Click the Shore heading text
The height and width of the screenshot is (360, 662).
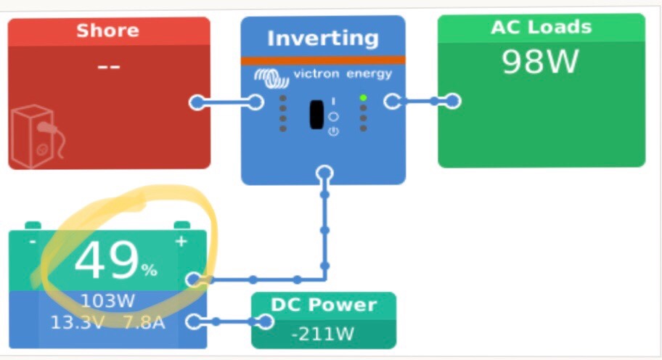pyautogui.click(x=107, y=30)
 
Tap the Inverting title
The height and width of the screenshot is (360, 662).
pyautogui.click(x=322, y=38)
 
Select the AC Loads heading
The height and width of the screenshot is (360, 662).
pyautogui.click(x=541, y=28)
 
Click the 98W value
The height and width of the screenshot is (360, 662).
pyautogui.click(x=541, y=62)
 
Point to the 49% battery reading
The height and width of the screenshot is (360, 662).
pyautogui.click(x=115, y=262)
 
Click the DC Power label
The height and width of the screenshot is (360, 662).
pyautogui.click(x=324, y=305)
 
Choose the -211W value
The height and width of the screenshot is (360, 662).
pyautogui.click(x=324, y=335)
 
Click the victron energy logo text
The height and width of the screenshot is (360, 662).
pyautogui.click(x=342, y=74)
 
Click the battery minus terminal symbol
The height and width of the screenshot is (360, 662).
pyautogui.click(x=32, y=241)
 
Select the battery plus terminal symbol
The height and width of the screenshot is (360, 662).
pyautogui.click(x=181, y=241)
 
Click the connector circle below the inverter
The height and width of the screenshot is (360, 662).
pyautogui.click(x=324, y=173)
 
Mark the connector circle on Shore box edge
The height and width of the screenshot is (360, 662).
pyautogui.click(x=197, y=102)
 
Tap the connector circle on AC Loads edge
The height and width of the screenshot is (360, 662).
pyautogui.click(x=453, y=101)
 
